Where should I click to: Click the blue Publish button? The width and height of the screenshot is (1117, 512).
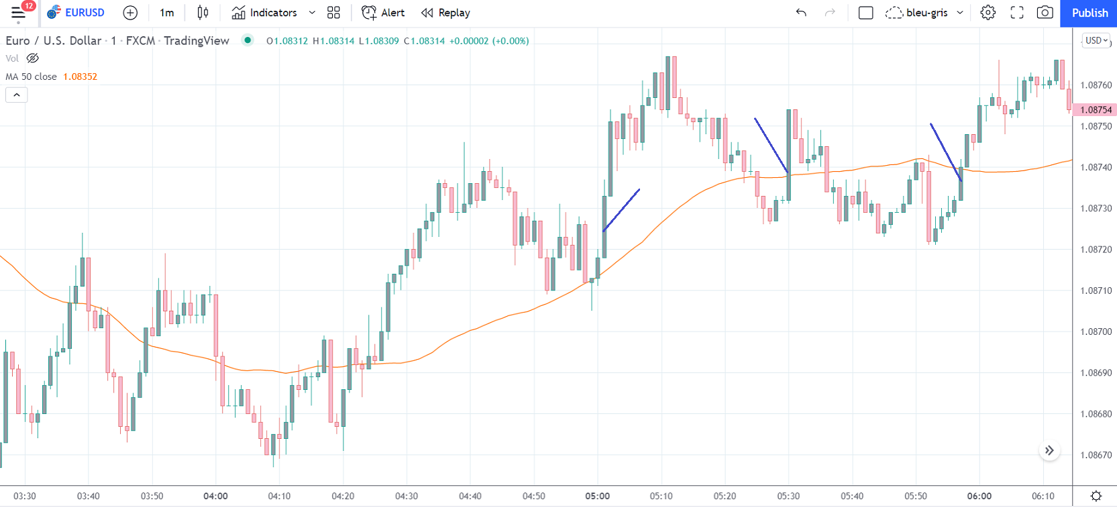click(1089, 13)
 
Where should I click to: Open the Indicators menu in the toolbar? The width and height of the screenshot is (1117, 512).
click(264, 13)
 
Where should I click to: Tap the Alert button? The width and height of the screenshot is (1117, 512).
click(383, 13)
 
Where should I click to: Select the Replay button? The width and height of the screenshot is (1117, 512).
click(445, 13)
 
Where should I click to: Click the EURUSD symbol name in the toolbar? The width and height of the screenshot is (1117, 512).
click(84, 13)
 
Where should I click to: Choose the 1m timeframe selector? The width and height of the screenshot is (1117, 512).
click(167, 13)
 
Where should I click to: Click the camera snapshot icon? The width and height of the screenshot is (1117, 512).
click(1045, 13)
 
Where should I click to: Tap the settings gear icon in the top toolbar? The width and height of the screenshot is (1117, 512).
click(988, 13)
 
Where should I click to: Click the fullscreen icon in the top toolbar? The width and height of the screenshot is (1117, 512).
click(1016, 13)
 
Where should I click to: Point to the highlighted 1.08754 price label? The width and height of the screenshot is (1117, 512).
click(1095, 109)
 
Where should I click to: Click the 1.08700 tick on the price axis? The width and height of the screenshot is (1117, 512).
click(1096, 331)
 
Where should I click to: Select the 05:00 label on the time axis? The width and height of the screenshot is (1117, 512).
click(597, 496)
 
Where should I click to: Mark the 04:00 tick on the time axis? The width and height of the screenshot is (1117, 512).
click(215, 496)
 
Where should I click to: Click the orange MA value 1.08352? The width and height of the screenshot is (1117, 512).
click(80, 76)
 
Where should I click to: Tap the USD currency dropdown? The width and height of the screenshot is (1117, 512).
click(1096, 40)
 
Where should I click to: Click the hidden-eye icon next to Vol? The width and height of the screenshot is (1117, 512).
click(32, 58)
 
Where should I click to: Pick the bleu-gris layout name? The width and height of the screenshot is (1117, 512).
click(926, 13)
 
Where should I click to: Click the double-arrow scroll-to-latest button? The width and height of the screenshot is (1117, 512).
click(1049, 450)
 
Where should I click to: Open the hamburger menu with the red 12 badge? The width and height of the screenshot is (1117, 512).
click(18, 13)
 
